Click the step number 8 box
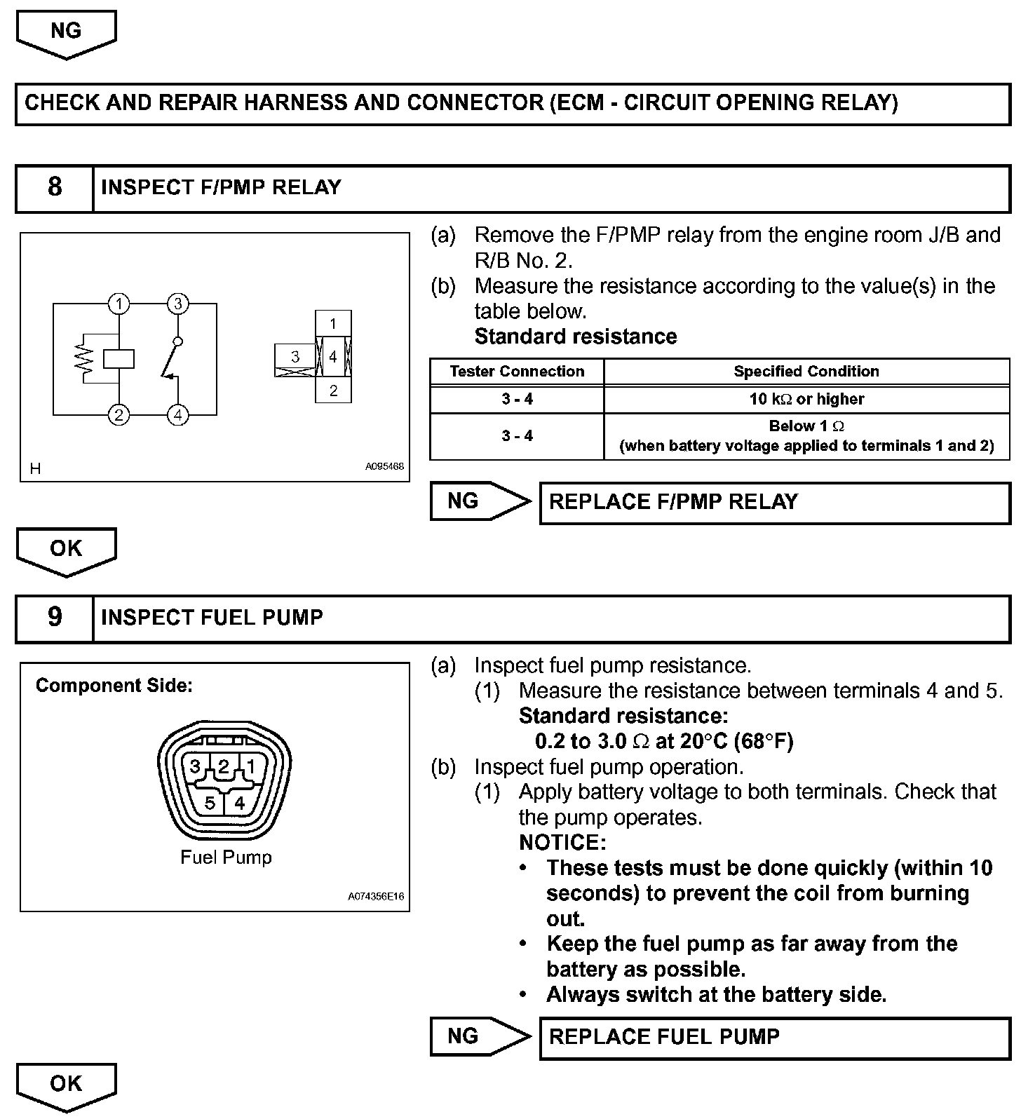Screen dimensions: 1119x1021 coord(55,187)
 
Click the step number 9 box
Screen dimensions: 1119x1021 coord(55,618)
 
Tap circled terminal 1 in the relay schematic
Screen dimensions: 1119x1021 coord(120,304)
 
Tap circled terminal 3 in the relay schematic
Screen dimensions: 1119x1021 coord(178,304)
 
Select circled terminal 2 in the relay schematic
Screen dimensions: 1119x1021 coord(119,415)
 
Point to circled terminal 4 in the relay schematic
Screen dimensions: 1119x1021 coord(178,415)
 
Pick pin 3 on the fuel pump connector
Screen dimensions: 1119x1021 coord(196,766)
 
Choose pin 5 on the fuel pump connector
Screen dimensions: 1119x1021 coord(210,803)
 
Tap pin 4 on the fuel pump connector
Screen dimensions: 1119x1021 coord(240,803)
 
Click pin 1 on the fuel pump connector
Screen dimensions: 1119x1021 coord(251,766)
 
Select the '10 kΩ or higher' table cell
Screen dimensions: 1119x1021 coord(806,399)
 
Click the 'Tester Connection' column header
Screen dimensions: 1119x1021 coord(517,372)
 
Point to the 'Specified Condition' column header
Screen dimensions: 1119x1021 coord(806,372)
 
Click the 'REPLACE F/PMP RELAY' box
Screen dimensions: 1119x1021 coord(774,502)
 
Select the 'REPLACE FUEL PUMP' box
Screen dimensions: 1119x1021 coord(774,1037)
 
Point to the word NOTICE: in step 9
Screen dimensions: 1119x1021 coord(562,842)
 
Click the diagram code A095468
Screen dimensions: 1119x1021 coord(384,466)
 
